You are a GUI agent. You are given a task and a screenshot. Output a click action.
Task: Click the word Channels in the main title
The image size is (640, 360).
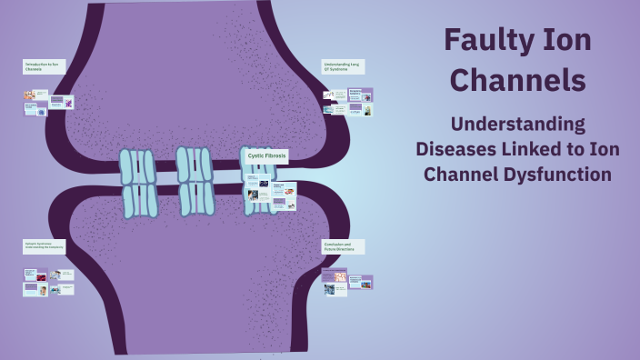[x=518, y=80]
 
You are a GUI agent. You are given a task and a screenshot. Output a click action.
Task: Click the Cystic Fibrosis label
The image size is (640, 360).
[x=267, y=155]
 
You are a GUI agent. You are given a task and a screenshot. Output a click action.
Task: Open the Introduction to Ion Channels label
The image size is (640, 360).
[x=44, y=66]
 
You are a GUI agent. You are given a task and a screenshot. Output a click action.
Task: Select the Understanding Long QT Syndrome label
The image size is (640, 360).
[x=343, y=66]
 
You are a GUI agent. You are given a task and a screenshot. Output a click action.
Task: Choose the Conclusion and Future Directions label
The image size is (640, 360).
[x=343, y=246]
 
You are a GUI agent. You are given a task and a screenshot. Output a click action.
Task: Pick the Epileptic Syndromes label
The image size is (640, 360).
[x=44, y=246]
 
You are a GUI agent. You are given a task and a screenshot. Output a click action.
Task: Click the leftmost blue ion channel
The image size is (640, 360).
[x=138, y=184]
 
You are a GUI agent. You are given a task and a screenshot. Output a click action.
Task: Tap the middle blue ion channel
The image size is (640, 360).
[x=195, y=181]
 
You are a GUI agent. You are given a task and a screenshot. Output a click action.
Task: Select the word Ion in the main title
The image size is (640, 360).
[x=569, y=41]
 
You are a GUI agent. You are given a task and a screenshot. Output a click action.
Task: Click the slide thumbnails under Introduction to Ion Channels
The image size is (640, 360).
[x=48, y=102]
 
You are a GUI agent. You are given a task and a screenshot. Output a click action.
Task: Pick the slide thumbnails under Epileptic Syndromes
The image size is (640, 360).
[x=48, y=283]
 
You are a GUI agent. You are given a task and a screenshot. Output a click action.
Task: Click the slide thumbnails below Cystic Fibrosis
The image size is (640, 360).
[x=270, y=191]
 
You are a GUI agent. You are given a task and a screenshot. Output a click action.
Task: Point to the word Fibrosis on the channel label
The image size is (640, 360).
[x=275, y=155]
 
